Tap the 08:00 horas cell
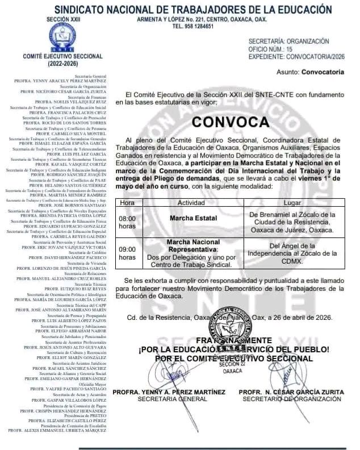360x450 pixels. pos(127,222)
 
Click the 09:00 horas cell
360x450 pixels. pos(127,253)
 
